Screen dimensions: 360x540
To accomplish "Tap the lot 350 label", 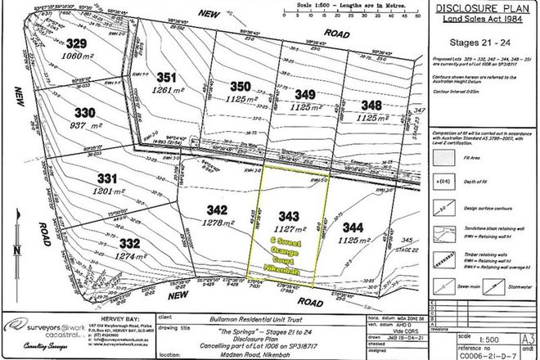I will pos(240,86).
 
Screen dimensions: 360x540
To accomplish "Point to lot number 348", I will pos(372,105).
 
